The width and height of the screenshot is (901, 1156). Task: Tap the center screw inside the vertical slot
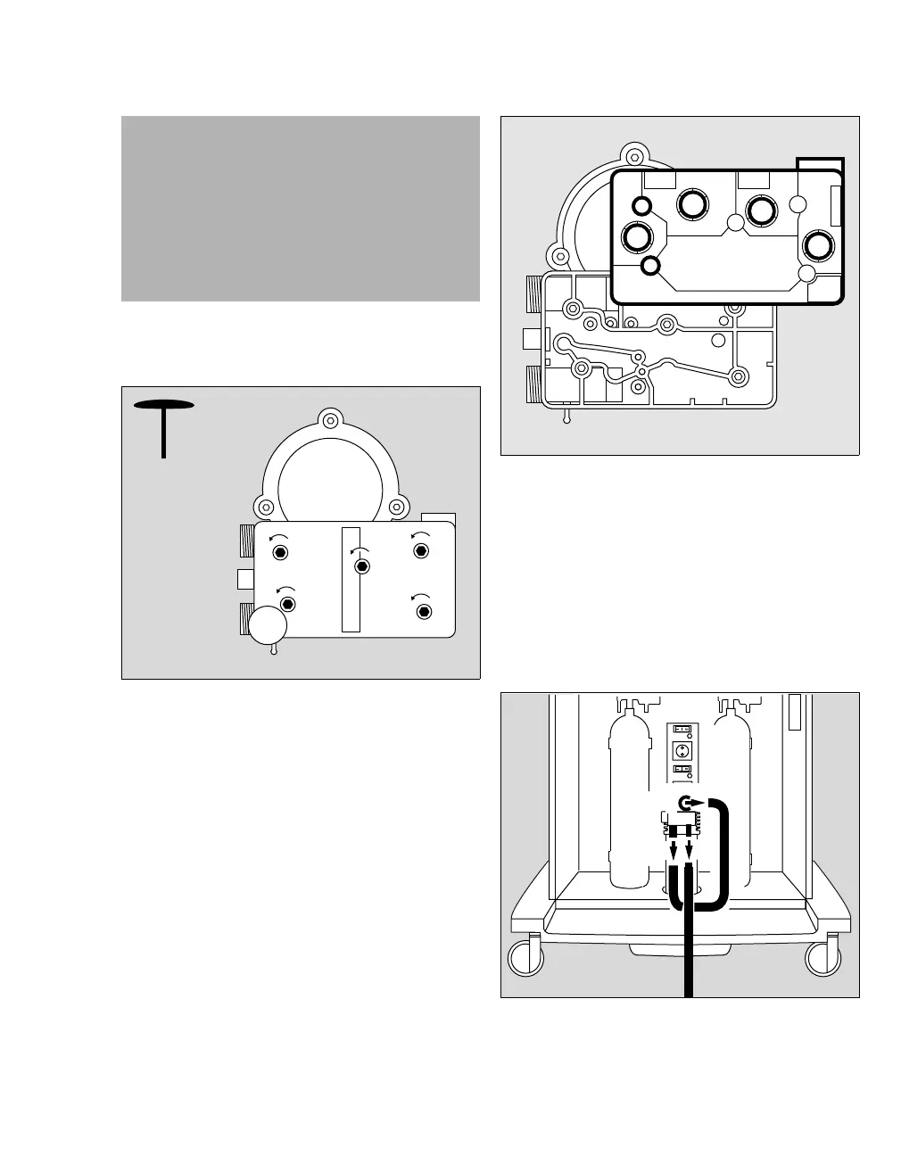coord(361,566)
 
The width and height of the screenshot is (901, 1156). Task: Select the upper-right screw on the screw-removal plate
coord(421,550)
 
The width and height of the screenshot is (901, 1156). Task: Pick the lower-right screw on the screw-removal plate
coord(424,611)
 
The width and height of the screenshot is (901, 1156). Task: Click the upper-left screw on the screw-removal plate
coord(281,552)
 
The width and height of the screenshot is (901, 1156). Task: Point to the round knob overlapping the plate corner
coord(268,625)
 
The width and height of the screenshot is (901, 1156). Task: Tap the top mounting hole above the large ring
coord(330,420)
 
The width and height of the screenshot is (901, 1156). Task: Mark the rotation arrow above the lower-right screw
coord(417,596)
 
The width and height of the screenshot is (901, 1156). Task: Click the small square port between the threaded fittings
coord(246,579)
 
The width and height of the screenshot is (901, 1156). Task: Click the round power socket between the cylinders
coord(682,749)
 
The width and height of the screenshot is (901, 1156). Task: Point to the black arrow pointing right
coord(700,802)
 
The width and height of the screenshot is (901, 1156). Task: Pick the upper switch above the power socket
coord(682,729)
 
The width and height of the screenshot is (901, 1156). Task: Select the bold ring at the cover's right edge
coord(818,245)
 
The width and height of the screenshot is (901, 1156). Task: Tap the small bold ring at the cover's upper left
coord(641,207)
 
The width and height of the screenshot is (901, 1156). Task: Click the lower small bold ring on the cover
coord(651,265)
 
